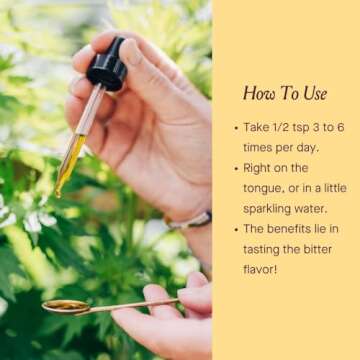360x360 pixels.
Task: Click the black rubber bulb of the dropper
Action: (107, 65)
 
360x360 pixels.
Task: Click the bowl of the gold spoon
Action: (66, 306)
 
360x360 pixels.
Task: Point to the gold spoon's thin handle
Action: (133, 305)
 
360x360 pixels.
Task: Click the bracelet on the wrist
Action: (188, 221)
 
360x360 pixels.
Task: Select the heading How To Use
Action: (285, 93)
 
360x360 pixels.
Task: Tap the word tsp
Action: (292, 128)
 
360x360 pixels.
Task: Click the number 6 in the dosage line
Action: (340, 127)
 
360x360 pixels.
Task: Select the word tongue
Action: (262, 189)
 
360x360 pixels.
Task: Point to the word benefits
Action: (293, 229)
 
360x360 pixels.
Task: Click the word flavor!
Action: (260, 269)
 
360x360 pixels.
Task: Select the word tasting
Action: (262, 250)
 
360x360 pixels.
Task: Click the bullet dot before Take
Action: (236, 128)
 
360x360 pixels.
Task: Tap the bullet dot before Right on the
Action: (236, 169)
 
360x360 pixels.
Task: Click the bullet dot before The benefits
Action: (236, 229)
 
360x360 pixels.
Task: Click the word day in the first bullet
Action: (308, 149)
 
